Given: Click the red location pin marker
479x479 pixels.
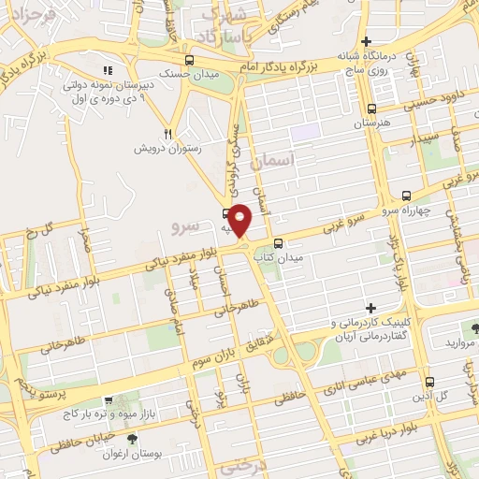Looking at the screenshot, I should pyautogui.click(x=240, y=220).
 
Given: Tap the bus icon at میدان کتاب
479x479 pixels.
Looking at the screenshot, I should pyautogui.click(x=278, y=243).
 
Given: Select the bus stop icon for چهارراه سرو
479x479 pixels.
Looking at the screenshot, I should pyautogui.click(x=406, y=196).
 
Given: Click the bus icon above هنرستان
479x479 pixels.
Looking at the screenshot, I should pyautogui.click(x=372, y=109).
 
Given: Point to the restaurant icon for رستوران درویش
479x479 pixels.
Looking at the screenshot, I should pyautogui.click(x=168, y=134).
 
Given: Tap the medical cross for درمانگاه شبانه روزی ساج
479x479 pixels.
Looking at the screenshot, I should pyautogui.click(x=367, y=41).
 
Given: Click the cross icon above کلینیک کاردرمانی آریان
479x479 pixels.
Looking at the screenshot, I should pyautogui.click(x=371, y=308).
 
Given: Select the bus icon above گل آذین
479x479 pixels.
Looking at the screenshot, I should pyautogui.click(x=429, y=382).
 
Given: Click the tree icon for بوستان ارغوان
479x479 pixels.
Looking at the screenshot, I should pyautogui.click(x=131, y=438).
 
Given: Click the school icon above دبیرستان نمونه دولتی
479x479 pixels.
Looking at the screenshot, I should pyautogui.click(x=109, y=70).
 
